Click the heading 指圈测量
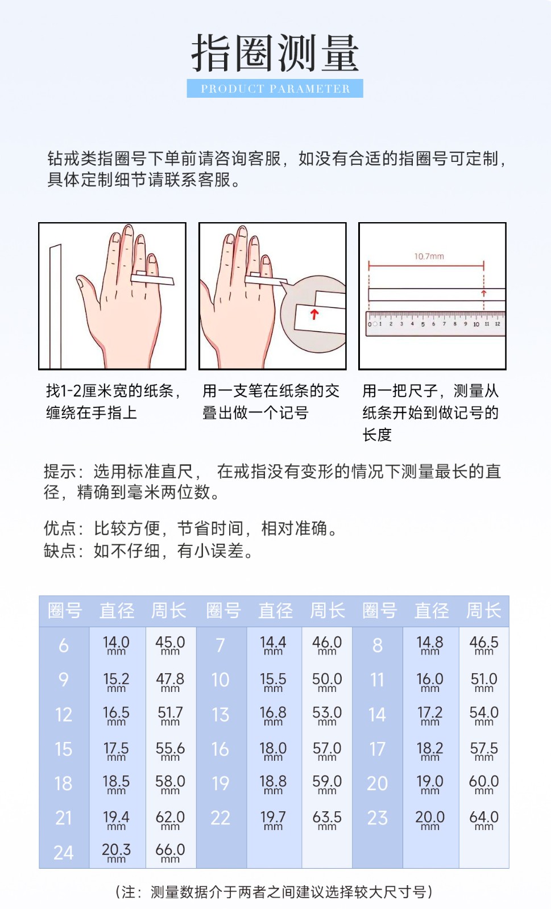pyautogui.click(x=275, y=53)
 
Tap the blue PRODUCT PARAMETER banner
pyautogui.click(x=275, y=89)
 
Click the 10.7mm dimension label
pyautogui.click(x=429, y=256)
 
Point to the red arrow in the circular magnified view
pyautogui.click(x=314, y=314)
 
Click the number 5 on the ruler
pyautogui.click(x=422, y=324)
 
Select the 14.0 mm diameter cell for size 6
pyautogui.click(x=116, y=645)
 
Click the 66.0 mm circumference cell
pyautogui.click(x=170, y=852)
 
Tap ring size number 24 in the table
pyautogui.click(x=64, y=852)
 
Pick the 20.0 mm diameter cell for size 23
pyautogui.click(x=430, y=819)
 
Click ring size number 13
pyautogui.click(x=220, y=715)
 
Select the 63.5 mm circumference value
pyautogui.click(x=327, y=819)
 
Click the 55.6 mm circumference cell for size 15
pyautogui.click(x=170, y=750)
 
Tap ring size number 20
pyautogui.click(x=377, y=783)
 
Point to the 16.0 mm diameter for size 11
pyautogui.click(x=430, y=681)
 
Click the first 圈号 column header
pyautogui.click(x=64, y=611)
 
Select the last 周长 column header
pyautogui.click(x=483, y=611)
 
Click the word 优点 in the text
pyautogui.click(x=59, y=528)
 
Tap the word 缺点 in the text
pyautogui.click(x=59, y=551)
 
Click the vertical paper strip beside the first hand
pyautogui.click(x=55, y=307)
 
